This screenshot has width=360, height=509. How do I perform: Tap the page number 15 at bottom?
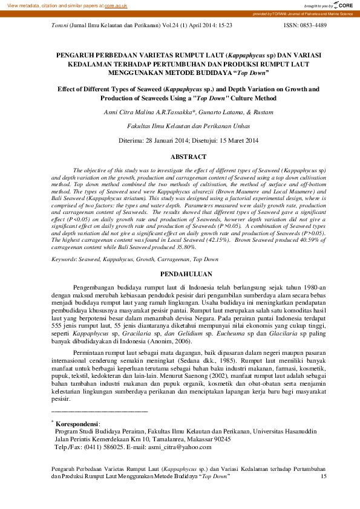322,476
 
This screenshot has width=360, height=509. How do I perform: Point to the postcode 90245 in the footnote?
221,439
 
